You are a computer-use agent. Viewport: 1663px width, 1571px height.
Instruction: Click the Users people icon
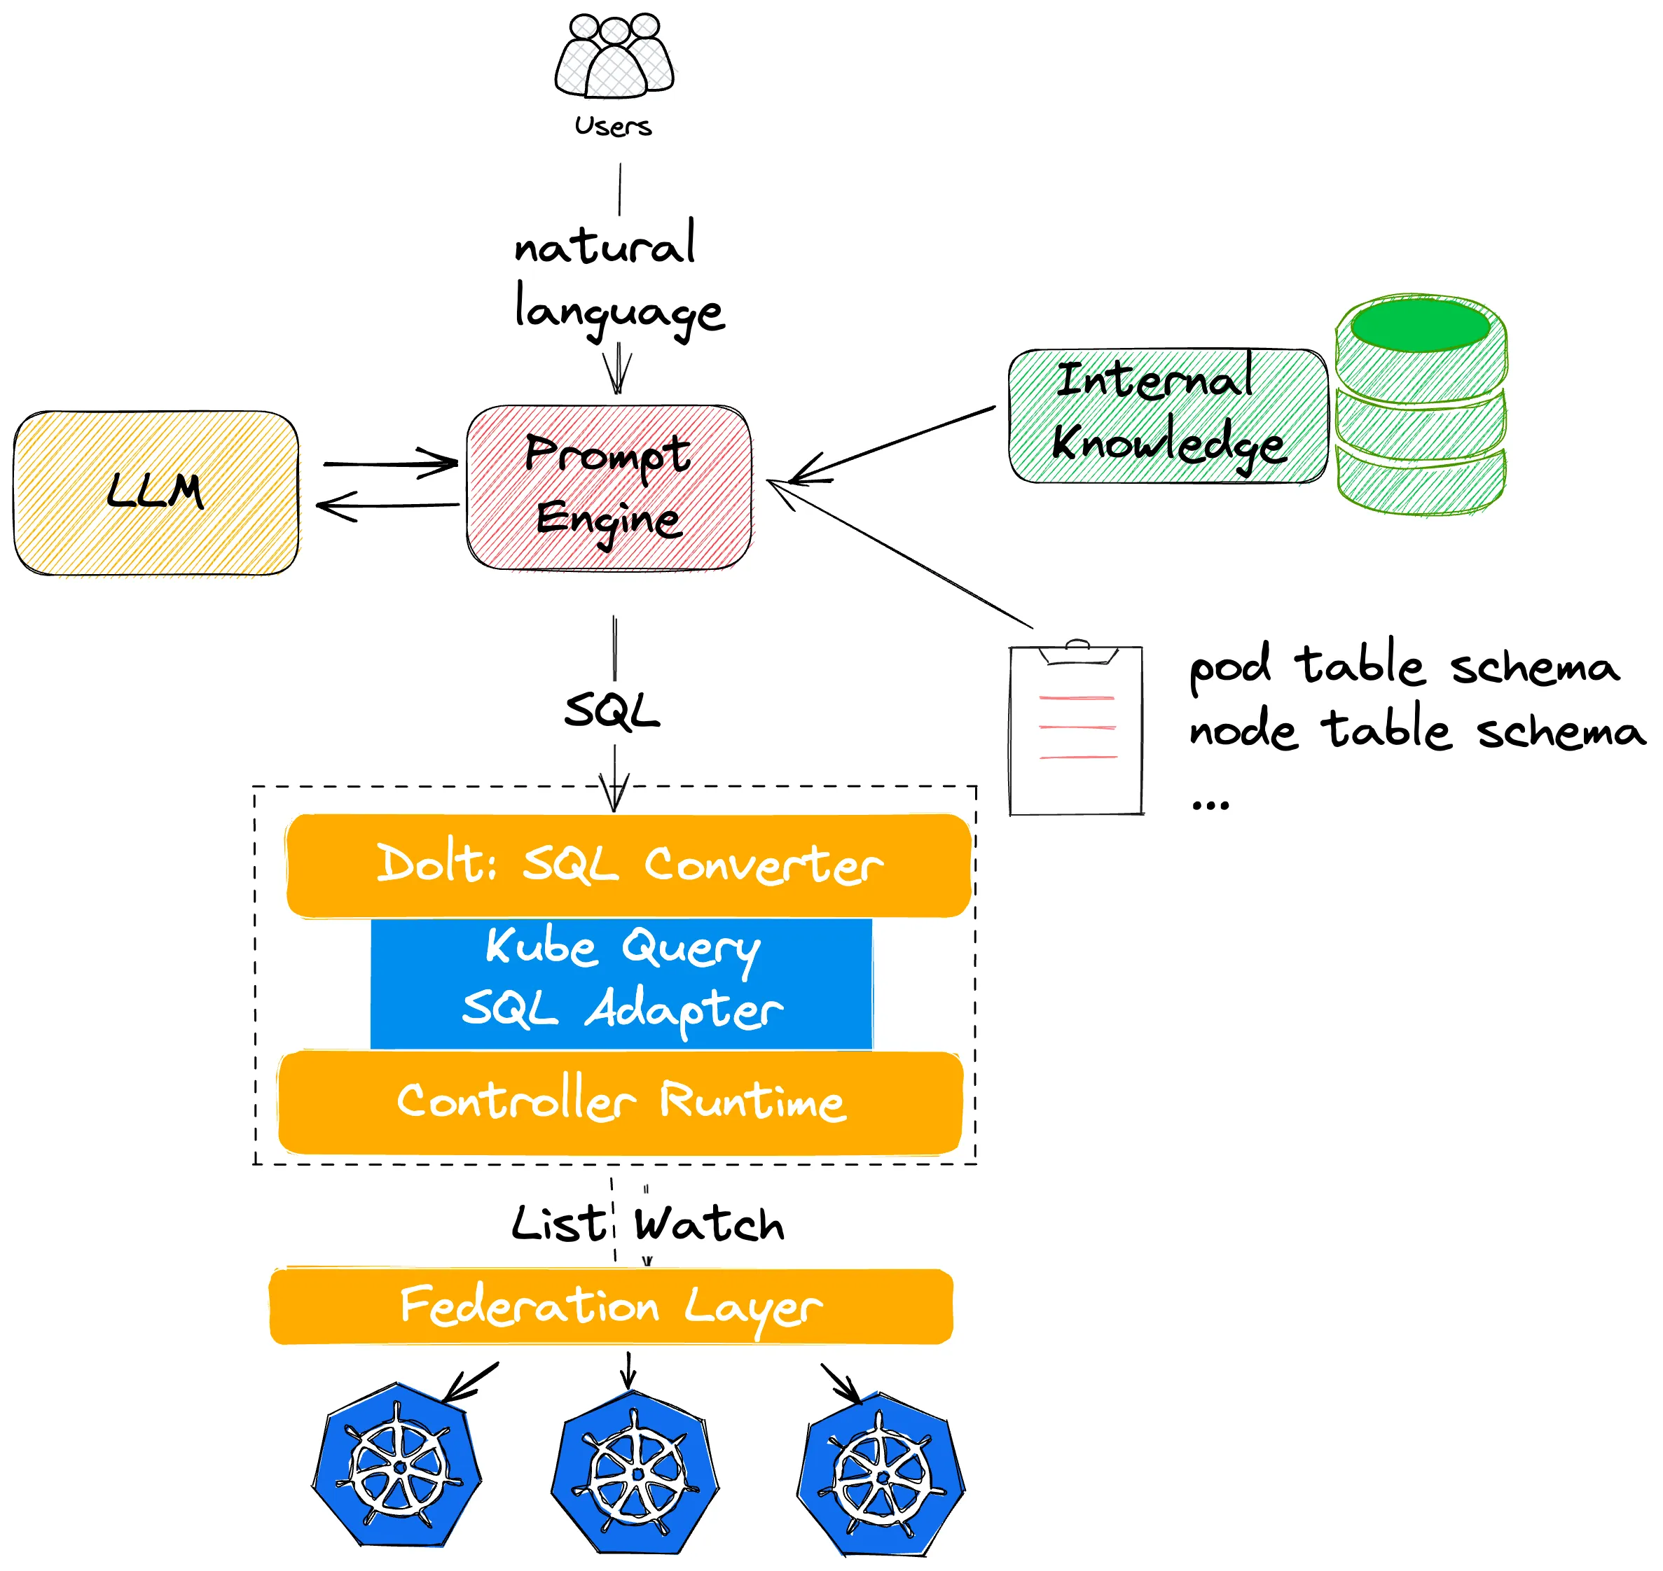coord(614,57)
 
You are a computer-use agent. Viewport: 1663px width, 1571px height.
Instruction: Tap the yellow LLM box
coord(156,494)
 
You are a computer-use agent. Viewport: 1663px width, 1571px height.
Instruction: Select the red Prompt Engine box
coord(609,487)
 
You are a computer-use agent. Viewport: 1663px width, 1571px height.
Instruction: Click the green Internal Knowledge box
coord(1167,416)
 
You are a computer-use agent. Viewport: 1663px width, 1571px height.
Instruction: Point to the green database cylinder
coord(1421,405)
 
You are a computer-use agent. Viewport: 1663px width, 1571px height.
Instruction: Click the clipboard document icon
coord(1077,729)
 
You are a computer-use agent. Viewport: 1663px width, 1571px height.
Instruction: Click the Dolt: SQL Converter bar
coord(628,866)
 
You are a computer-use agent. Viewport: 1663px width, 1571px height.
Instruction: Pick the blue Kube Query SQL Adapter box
coord(621,982)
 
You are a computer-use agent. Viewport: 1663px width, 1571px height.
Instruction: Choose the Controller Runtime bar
coord(621,1103)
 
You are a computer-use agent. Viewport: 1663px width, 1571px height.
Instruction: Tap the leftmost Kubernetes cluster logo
coord(397,1467)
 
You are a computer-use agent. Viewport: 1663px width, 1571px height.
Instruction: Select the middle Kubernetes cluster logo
coord(635,1474)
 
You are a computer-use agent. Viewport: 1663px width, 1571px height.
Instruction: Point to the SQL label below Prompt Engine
coord(612,712)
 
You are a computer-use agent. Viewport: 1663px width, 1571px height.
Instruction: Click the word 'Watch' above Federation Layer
coord(710,1226)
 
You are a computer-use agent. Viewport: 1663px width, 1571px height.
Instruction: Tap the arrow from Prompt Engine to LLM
coord(388,505)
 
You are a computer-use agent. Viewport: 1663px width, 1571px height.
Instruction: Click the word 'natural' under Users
coord(605,245)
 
